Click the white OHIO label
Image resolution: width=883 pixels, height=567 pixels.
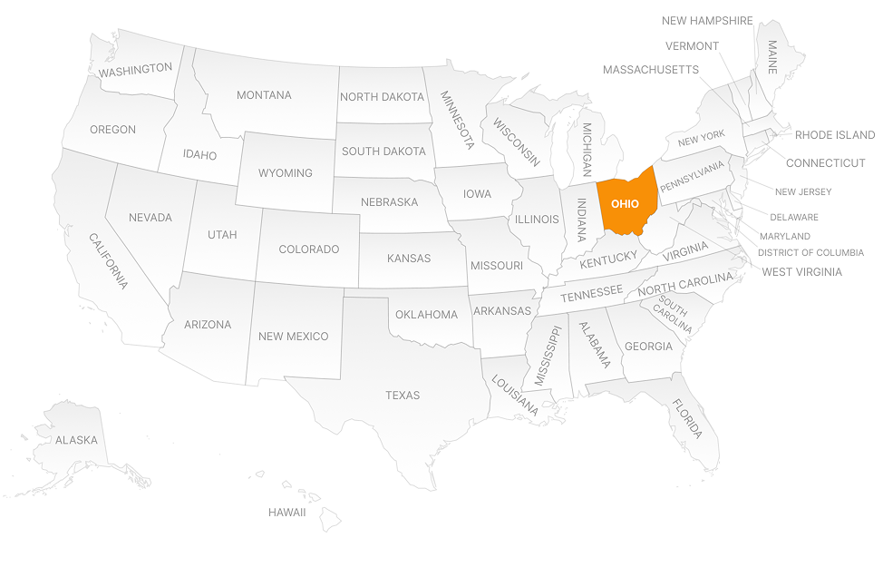(x=625, y=204)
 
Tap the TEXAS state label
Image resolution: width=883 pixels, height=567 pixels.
(x=403, y=396)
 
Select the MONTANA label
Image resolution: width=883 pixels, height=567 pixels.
(x=264, y=95)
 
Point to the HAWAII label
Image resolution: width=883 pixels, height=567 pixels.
(x=286, y=513)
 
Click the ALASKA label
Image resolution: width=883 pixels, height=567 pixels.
(x=76, y=441)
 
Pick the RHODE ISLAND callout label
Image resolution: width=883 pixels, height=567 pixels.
(x=835, y=135)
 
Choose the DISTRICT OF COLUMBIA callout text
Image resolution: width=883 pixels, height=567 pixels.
(x=810, y=253)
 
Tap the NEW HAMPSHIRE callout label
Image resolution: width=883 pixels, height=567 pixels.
(x=707, y=21)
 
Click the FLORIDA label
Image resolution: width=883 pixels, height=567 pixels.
(x=686, y=419)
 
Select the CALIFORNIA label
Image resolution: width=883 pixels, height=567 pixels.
(x=108, y=260)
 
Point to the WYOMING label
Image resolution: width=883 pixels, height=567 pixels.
(x=285, y=173)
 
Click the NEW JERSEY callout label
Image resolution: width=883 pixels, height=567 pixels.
(x=802, y=192)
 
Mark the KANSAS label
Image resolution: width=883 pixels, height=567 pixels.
(x=409, y=259)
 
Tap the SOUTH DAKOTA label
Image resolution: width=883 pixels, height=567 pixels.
(x=383, y=152)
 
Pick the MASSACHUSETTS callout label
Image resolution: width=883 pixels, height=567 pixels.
(x=650, y=70)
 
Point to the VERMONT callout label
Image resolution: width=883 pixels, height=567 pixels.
(x=692, y=46)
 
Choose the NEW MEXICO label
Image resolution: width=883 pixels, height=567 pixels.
(x=293, y=337)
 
